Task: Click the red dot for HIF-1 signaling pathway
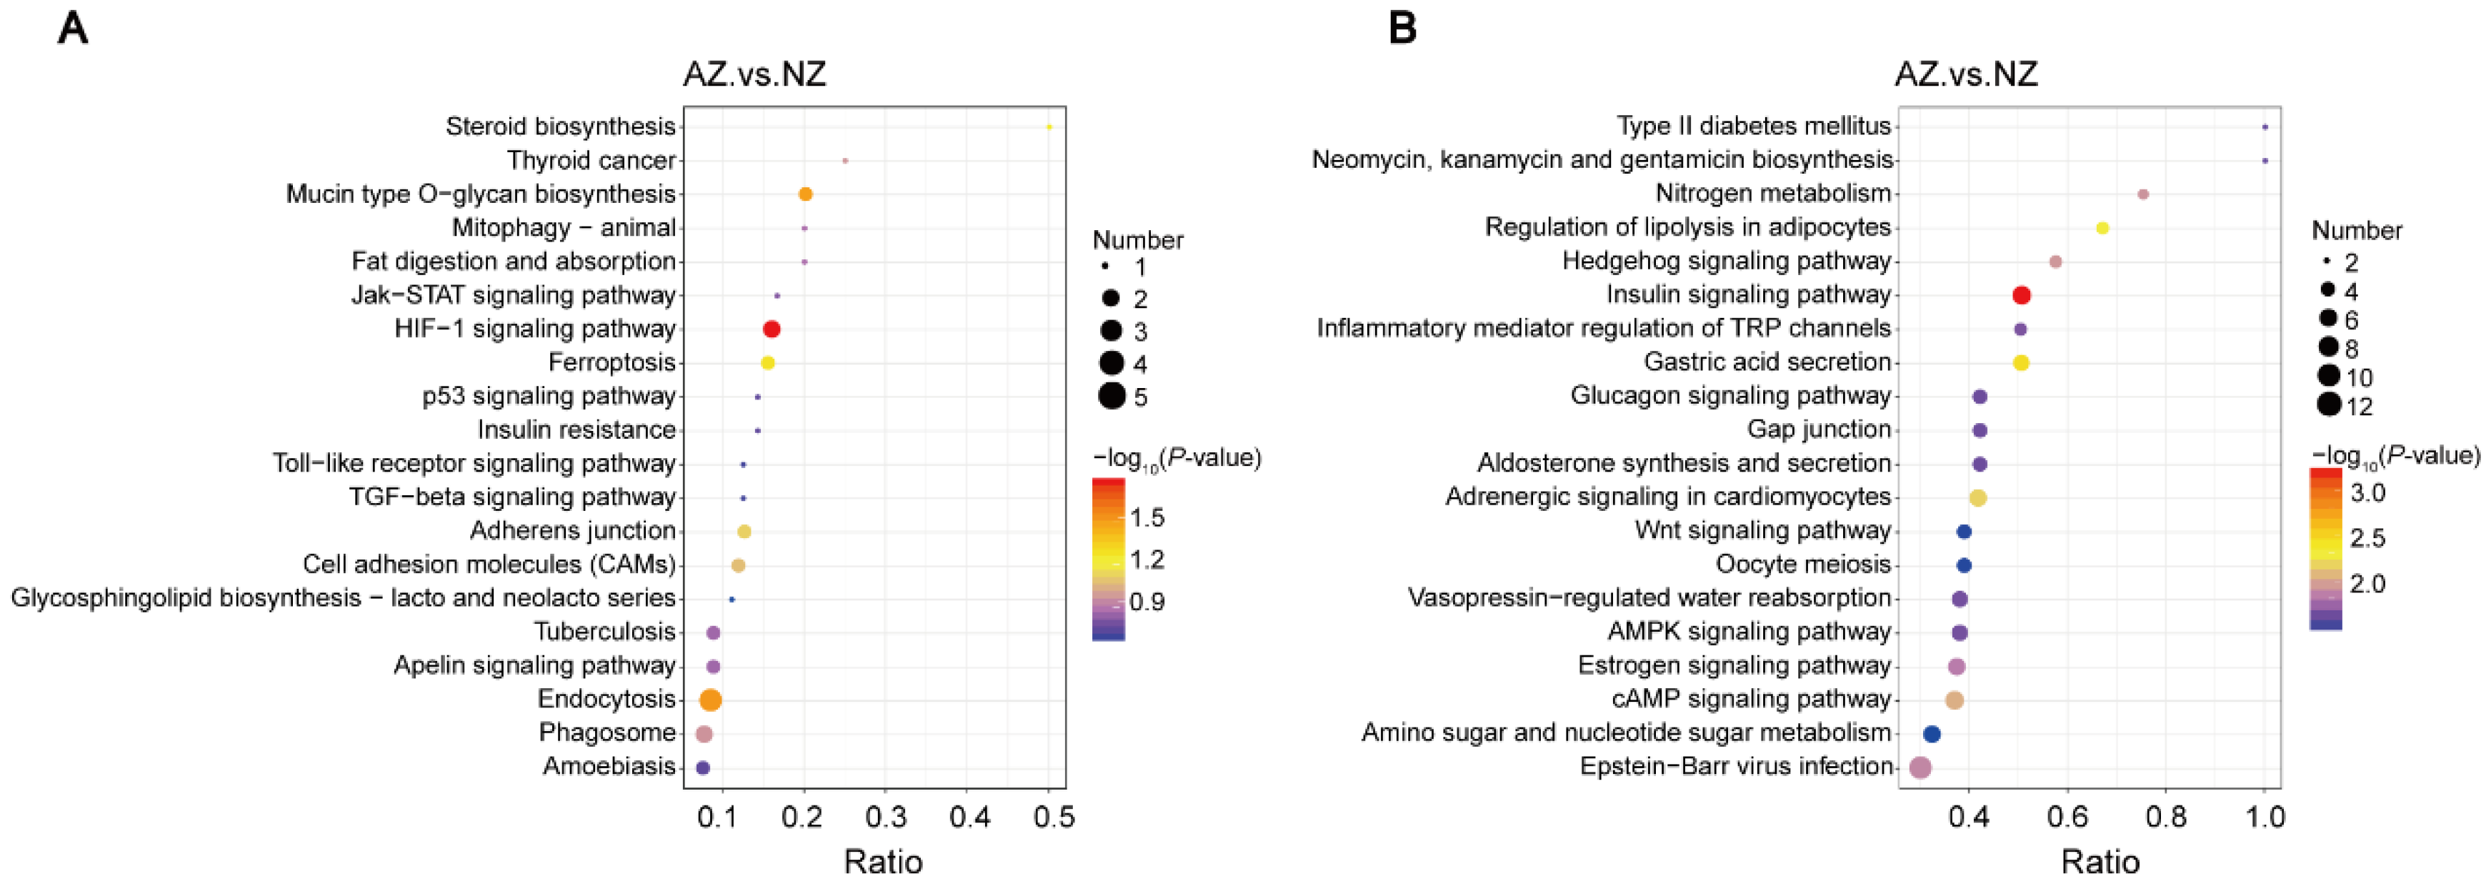pyautogui.click(x=771, y=329)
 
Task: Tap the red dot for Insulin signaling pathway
pyautogui.click(x=2020, y=295)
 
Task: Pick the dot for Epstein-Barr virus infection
pyautogui.click(x=1920, y=768)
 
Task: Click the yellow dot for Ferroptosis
pyautogui.click(x=768, y=362)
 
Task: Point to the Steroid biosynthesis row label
pyautogui.click(x=560, y=126)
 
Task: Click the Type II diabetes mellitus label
pyautogui.click(x=1753, y=126)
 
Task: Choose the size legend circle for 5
pyautogui.click(x=1111, y=395)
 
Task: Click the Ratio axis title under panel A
pyautogui.click(x=882, y=860)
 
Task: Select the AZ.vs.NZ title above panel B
pyautogui.click(x=1966, y=74)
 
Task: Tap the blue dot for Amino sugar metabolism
pyautogui.click(x=1931, y=734)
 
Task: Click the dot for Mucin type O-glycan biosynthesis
pyautogui.click(x=804, y=194)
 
